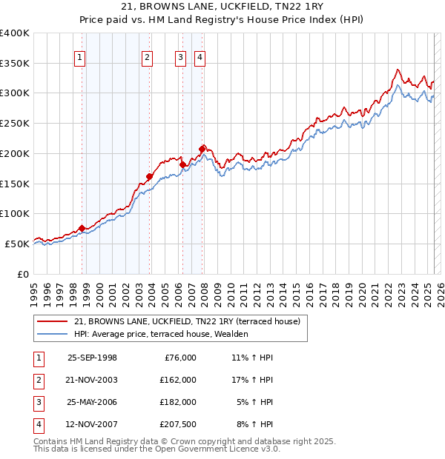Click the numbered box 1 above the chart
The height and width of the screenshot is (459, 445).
pyautogui.click(x=79, y=58)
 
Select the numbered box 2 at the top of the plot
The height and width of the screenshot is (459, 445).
pyautogui.click(x=148, y=58)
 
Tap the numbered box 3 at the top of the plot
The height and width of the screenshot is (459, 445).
pyautogui.click(x=180, y=58)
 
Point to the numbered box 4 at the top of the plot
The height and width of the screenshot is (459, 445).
pyautogui.click(x=200, y=58)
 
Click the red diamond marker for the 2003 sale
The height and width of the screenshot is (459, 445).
pyautogui.click(x=149, y=176)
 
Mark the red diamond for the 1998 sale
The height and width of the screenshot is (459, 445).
pyautogui.click(x=82, y=228)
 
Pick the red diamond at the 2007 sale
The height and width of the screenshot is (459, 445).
pyautogui.click(x=202, y=149)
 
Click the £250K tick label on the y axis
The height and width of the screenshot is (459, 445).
pyautogui.click(x=15, y=123)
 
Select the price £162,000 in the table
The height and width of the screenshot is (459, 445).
pyautogui.click(x=177, y=379)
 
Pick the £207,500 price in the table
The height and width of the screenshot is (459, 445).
pyautogui.click(x=177, y=424)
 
